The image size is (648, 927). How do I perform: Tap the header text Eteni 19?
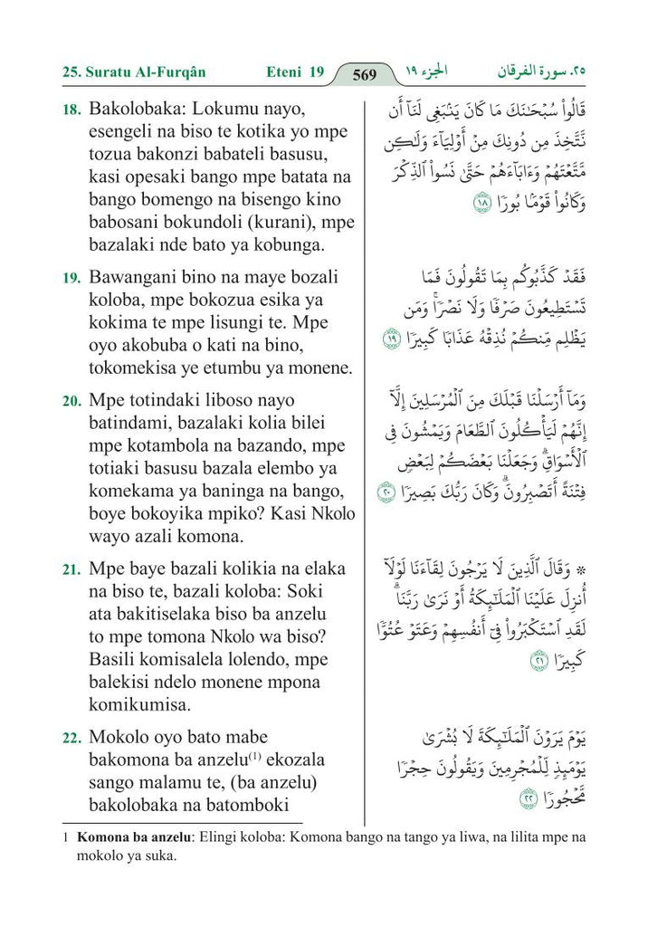click(x=295, y=72)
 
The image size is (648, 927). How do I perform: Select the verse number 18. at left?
click(x=71, y=110)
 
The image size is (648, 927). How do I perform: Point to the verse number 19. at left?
click(x=71, y=278)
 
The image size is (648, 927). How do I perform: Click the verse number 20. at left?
click(x=71, y=400)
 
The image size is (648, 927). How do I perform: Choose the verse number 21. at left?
click(x=71, y=570)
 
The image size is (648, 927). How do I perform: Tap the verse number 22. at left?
click(x=71, y=738)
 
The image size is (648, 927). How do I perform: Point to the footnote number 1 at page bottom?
click(x=66, y=837)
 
